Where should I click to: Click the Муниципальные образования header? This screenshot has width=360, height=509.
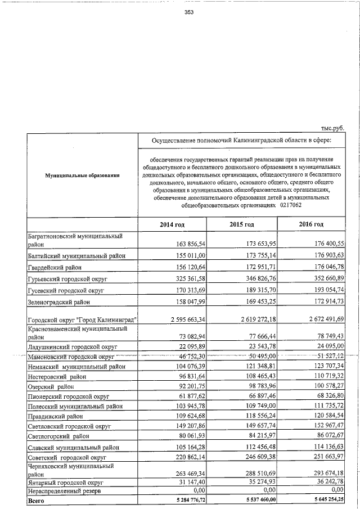[82, 177]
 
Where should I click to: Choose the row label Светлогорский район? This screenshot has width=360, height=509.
[59, 435]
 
